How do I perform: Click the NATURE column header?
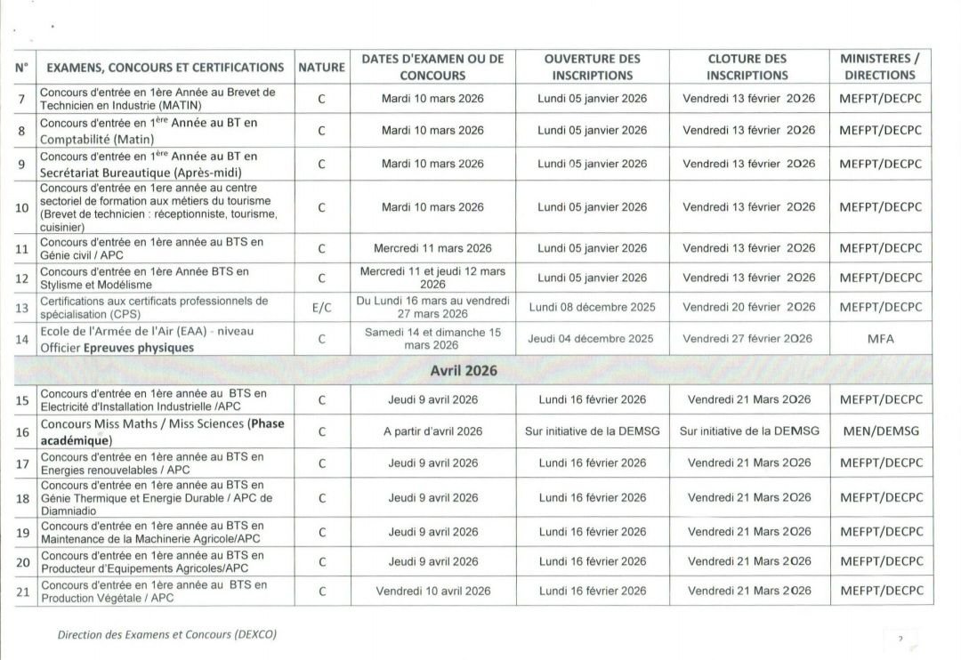coord(321,67)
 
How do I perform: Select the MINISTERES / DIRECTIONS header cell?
coord(880,67)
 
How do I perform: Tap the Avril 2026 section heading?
coord(464,370)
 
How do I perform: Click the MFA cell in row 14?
coord(880,339)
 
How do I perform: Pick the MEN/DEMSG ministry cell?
coord(880,431)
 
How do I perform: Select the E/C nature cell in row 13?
coord(321,308)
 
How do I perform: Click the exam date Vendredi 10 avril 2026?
coord(432,591)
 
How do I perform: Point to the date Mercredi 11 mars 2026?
coord(432,248)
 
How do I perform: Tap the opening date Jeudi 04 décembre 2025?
coord(590,339)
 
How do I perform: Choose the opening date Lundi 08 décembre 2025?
coord(592,308)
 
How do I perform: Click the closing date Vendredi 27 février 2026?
coord(747,339)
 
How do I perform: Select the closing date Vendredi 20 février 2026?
coord(748,308)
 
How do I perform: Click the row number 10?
coord(23,208)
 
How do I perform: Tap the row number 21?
coord(23,591)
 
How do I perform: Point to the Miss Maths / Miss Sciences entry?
coord(162,431)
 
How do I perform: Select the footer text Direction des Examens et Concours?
coord(167,635)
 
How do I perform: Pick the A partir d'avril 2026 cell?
coord(432,431)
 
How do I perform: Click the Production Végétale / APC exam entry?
coord(154,591)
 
